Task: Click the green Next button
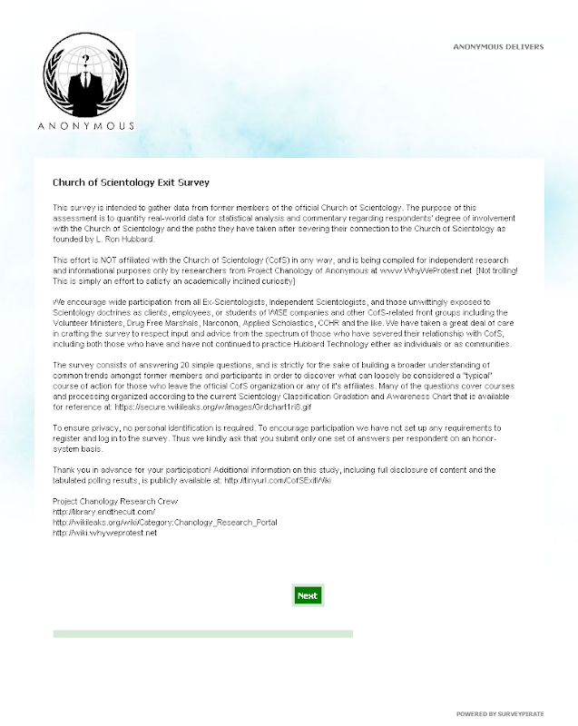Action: [x=308, y=595]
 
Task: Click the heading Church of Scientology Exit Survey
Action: [x=118, y=181]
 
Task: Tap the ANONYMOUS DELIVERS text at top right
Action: [x=498, y=46]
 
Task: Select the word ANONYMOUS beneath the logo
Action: [x=87, y=126]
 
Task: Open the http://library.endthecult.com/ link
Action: [x=98, y=514]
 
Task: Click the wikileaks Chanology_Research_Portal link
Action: [x=165, y=524]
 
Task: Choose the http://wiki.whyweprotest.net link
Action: [x=105, y=534]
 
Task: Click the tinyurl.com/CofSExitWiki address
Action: [x=278, y=479]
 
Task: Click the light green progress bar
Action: [x=202, y=633]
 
